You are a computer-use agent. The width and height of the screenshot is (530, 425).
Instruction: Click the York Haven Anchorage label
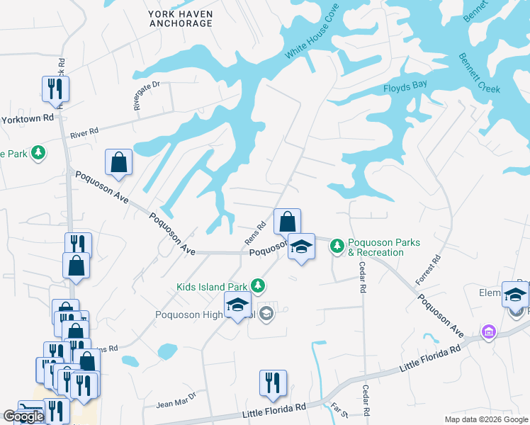pos(181,18)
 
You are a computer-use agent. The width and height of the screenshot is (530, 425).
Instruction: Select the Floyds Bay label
pos(405,89)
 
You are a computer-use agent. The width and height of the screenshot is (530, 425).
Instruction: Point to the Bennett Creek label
pos(479,74)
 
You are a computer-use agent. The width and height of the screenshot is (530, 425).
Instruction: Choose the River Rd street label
pos(84,132)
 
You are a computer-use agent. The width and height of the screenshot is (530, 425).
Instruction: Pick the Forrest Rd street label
pos(428,270)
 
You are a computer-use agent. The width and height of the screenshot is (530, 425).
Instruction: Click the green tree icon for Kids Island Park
pos(259,285)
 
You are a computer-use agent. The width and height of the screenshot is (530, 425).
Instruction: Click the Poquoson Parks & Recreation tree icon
pos(338,246)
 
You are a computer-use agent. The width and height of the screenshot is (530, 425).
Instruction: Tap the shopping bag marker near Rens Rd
pos(287,222)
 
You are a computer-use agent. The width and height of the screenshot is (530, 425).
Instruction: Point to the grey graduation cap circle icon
pos(266,314)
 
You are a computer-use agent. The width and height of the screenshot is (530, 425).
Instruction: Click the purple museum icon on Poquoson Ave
pos(487,331)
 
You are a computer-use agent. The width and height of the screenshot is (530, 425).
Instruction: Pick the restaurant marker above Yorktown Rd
pos(55,89)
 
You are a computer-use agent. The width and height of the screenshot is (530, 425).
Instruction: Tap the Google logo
pos(23,416)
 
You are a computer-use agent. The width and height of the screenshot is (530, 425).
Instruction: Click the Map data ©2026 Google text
pos(485,419)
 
